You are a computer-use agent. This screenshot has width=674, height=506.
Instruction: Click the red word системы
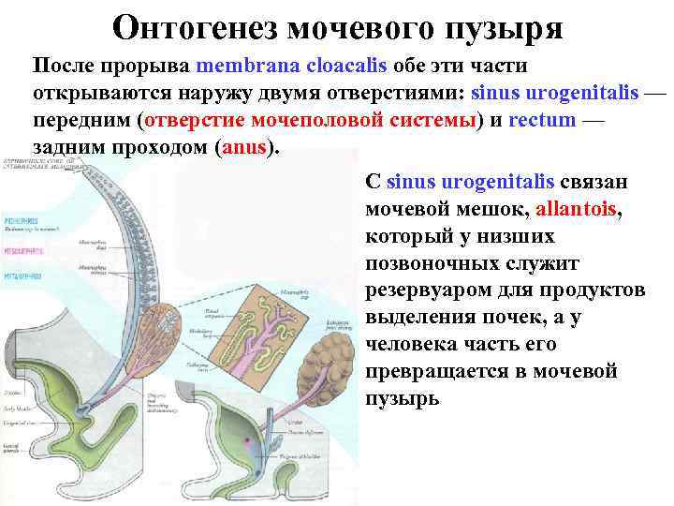[x=425, y=122]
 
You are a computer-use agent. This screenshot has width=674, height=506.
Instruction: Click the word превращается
[x=444, y=372]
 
